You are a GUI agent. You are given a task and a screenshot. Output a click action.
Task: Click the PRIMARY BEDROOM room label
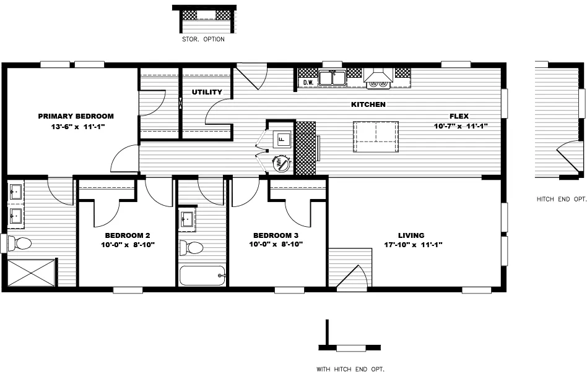76,116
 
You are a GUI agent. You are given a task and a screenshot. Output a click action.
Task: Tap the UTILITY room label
207,92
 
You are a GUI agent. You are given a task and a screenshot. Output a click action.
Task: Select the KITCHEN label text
368,104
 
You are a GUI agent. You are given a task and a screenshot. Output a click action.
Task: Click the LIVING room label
411,235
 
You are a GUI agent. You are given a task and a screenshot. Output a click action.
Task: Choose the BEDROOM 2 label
128,235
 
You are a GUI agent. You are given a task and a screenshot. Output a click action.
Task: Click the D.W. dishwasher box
308,82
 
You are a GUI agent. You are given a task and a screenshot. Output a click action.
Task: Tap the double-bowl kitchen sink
333,78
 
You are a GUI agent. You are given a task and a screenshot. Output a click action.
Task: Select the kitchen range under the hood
378,83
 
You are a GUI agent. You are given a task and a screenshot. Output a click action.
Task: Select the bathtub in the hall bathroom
202,275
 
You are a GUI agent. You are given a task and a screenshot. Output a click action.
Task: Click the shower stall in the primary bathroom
31,273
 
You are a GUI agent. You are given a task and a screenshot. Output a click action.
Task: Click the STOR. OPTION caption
203,40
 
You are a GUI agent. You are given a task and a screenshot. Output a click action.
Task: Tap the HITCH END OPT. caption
561,199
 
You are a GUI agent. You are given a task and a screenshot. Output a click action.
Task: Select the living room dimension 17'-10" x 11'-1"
412,245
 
